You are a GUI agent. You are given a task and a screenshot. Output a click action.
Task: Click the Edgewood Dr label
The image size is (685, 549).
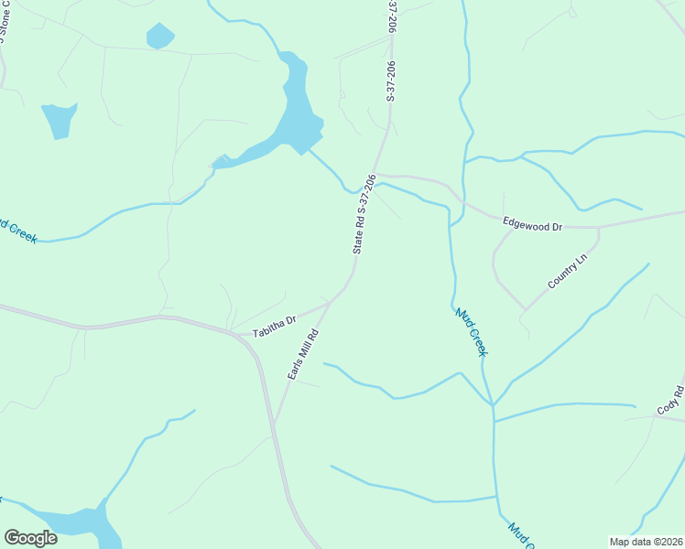pos(532,222)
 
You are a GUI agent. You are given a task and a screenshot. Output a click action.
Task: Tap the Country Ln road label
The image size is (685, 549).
pos(566,273)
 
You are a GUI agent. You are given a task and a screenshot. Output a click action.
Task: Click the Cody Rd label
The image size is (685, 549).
pos(670,399)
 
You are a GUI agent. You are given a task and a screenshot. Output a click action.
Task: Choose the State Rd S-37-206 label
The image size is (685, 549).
pos(364,214)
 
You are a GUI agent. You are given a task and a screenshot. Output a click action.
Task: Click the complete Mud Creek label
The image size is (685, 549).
pos(471,331)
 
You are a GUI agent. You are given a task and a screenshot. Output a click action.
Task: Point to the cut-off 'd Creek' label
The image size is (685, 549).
pos(18,230)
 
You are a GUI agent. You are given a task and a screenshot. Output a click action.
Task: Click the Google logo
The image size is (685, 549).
pos(30,538)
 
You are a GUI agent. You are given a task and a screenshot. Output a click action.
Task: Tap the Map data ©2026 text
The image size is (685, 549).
pos(646,541)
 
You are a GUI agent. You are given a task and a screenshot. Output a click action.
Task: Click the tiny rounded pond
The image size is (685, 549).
pos(159,37)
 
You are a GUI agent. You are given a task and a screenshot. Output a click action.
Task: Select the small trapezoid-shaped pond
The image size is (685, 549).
pos(59,119)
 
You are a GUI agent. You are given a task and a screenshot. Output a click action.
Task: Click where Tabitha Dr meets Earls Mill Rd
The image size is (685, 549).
pos(329,305)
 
